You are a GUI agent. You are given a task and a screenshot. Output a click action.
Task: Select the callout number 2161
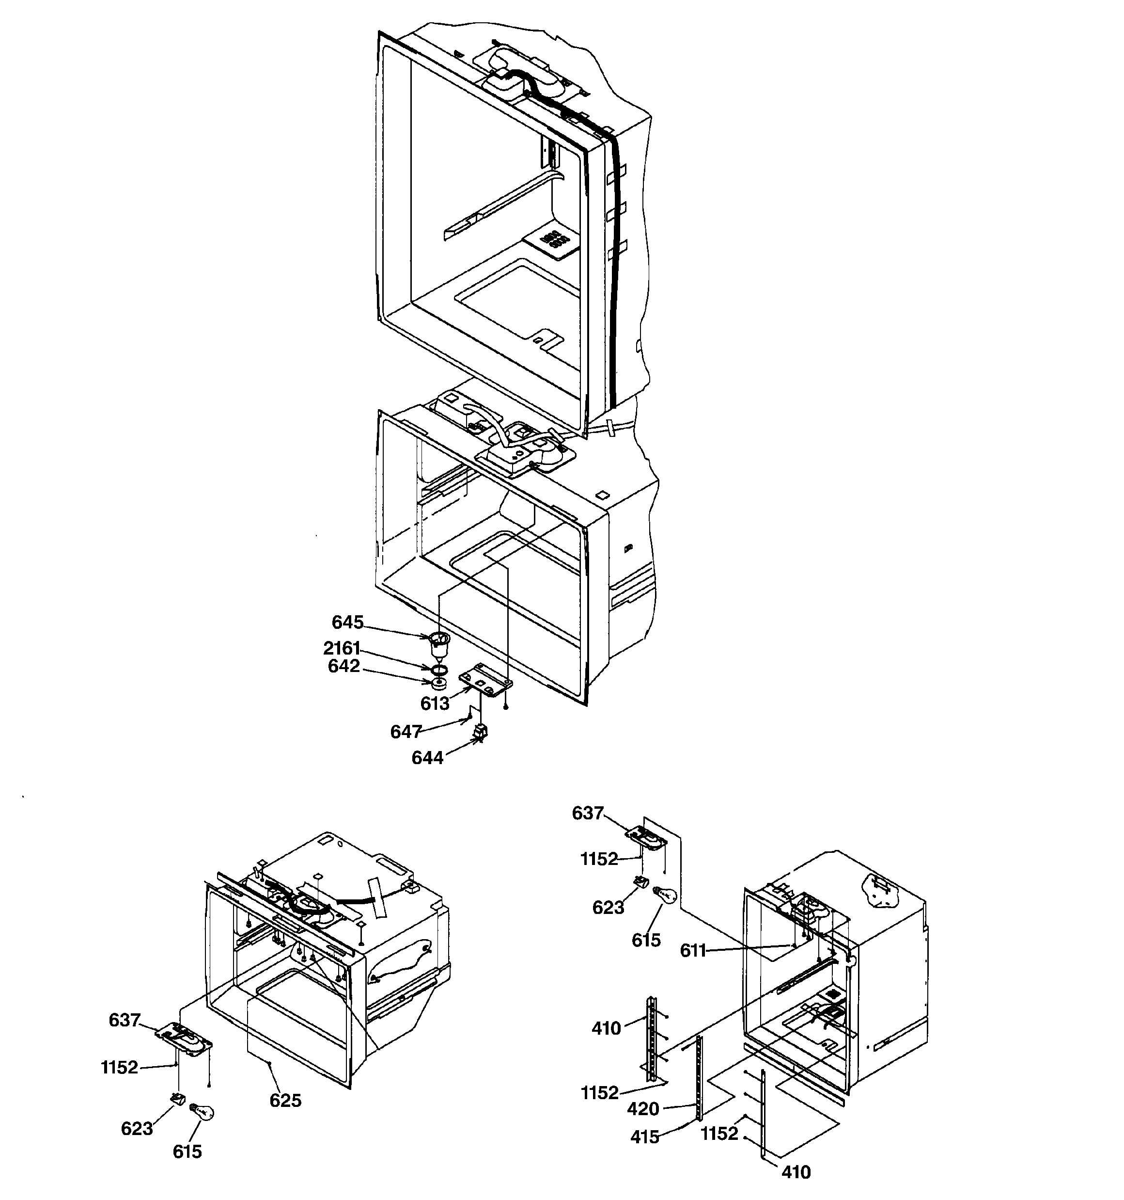(342, 648)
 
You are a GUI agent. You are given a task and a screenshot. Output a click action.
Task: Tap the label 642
(343, 666)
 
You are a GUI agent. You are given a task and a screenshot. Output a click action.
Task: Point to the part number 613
(435, 703)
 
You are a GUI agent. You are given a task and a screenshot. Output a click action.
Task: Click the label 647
(406, 732)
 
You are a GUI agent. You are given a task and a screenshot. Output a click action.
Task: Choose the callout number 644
(427, 757)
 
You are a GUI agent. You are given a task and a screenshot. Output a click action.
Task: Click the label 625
(285, 1101)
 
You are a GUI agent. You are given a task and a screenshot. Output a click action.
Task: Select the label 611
(693, 951)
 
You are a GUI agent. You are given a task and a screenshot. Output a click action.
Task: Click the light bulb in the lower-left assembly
(203, 1112)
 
